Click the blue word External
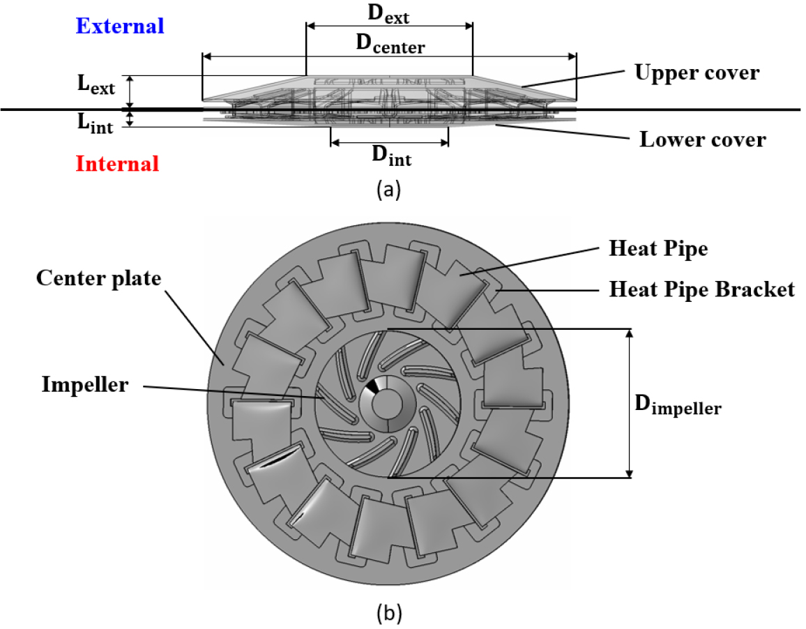(x=120, y=26)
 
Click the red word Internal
(x=117, y=165)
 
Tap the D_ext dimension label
(x=388, y=12)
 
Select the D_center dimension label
(x=390, y=45)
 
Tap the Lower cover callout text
(x=702, y=139)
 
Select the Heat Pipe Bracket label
(x=701, y=289)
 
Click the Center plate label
(x=98, y=278)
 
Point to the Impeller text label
(x=84, y=384)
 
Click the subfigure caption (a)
(x=388, y=189)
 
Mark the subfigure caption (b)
(x=388, y=614)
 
